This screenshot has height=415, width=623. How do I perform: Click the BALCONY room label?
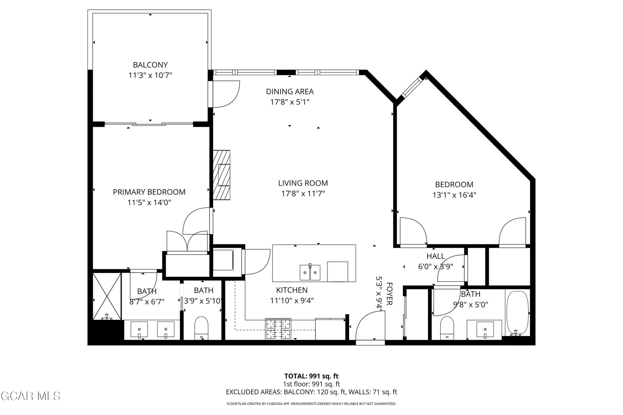150,65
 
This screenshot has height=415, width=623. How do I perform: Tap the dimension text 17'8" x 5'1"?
290,102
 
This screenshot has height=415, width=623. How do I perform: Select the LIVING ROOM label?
303,183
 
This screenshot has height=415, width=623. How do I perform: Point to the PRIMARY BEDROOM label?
149,192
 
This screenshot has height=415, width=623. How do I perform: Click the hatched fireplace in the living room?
221,175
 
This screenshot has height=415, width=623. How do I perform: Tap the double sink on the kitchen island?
310,272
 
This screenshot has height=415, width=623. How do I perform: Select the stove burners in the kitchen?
278,329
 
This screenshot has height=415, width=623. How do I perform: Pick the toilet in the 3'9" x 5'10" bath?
201,328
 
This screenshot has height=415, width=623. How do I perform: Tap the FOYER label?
389,294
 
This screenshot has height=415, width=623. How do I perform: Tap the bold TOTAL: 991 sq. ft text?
311,376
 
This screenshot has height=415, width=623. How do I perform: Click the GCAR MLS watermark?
31,396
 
